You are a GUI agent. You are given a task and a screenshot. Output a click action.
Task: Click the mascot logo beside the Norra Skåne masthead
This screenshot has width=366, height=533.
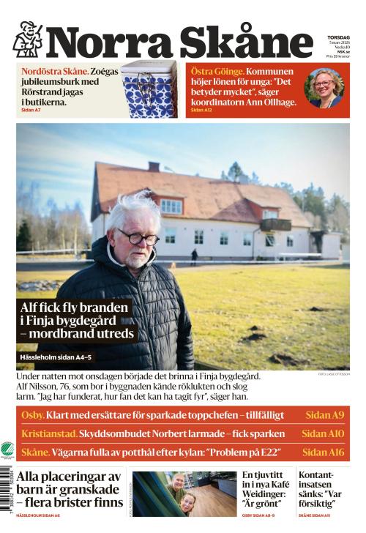point(27,40)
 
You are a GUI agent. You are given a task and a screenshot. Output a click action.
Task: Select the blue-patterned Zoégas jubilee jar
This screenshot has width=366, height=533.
point(149,90)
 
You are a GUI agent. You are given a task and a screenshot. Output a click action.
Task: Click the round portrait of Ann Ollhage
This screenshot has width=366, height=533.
point(324,88)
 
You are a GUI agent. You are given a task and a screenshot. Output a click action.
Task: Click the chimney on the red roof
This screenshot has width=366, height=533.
point(154,167)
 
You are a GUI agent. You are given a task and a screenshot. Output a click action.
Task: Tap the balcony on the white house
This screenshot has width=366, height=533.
point(275,225)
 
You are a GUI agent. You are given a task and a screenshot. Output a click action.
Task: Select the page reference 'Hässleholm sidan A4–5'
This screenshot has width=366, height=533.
point(56,358)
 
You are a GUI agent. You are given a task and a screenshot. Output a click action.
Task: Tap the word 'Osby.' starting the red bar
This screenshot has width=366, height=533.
point(33,415)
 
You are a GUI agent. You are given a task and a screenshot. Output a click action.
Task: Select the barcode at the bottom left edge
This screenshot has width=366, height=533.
point(7,498)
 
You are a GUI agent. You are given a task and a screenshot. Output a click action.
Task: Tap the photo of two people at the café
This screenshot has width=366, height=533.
point(183,493)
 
